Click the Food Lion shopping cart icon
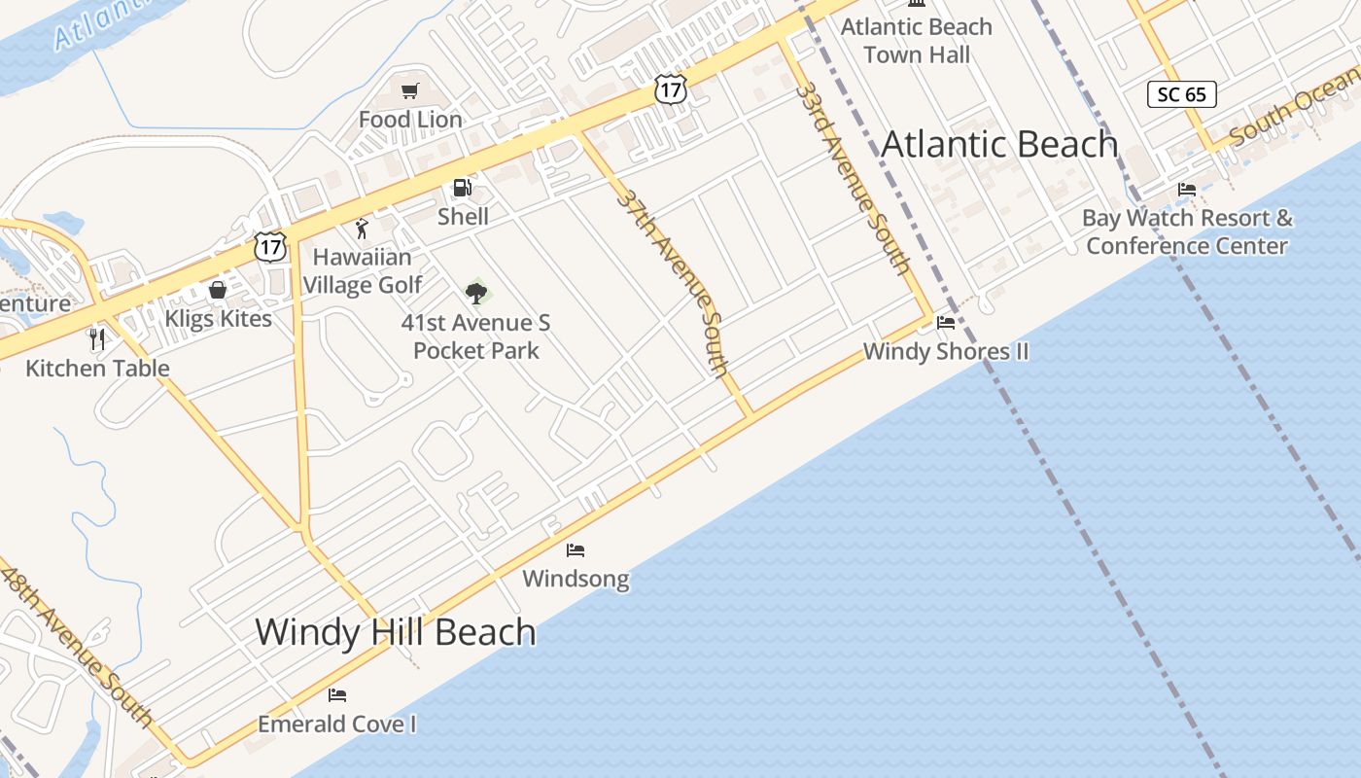point(409,91)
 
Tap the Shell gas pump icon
point(463,188)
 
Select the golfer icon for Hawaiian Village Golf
point(362,229)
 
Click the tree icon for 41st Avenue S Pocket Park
point(476,292)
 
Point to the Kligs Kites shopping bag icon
point(218,290)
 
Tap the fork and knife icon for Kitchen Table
point(96,338)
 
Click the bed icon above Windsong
point(576,550)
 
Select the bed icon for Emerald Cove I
point(337,695)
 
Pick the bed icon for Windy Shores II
point(946,323)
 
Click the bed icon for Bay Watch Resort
point(1187,190)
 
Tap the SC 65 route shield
point(1182,94)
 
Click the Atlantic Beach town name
point(999,145)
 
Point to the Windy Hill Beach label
point(396,632)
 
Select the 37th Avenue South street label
point(673,282)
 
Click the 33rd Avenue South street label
point(853,177)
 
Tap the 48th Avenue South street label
point(78,646)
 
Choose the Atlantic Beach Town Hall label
point(917,41)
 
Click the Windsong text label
point(576,580)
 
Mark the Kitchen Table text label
point(97,369)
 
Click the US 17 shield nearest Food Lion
point(671,89)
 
